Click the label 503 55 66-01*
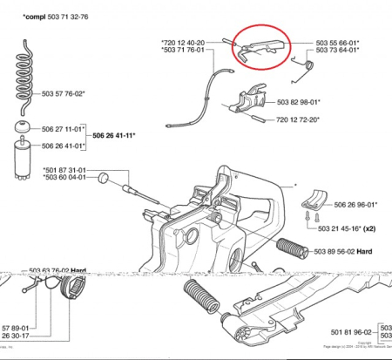339,42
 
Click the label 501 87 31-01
65,169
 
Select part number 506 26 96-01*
356,207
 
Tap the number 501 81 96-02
351,333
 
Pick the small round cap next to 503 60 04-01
102,178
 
